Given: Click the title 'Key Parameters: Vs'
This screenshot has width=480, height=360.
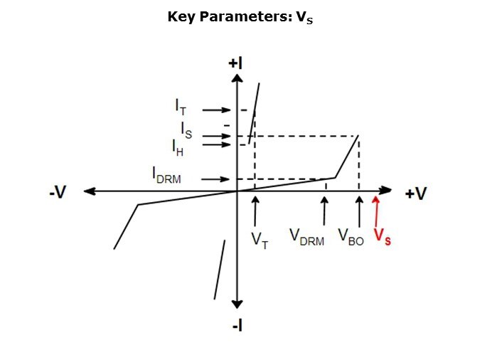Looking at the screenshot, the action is point(240,17).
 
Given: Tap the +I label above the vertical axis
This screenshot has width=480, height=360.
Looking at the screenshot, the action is point(235,63).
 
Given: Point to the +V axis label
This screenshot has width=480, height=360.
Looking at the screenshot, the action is point(416,194).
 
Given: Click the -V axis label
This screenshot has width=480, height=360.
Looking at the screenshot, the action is point(58,192).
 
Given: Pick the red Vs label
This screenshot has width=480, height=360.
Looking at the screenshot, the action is point(383,236).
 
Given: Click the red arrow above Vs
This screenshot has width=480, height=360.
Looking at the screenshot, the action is point(376,211).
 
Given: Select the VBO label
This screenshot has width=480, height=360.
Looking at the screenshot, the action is point(351,238).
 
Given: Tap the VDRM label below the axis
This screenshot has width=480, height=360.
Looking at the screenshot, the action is point(306,238).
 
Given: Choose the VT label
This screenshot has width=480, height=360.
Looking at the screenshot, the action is point(260,240).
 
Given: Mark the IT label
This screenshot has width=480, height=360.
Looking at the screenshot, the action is point(181,107).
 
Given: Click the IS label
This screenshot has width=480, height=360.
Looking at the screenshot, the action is point(186,130).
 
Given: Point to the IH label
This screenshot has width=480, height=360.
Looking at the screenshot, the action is point(178,148).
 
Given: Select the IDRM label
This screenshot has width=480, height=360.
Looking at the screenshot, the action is point(167,175).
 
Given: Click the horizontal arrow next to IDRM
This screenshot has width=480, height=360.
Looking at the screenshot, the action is point(215,179).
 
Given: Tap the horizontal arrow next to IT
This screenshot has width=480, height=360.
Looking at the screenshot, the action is point(216,110).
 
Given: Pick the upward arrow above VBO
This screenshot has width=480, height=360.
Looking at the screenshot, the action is point(359,212).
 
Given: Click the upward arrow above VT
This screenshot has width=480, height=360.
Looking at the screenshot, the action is point(255,211).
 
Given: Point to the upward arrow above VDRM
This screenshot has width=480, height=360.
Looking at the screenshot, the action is point(324,211).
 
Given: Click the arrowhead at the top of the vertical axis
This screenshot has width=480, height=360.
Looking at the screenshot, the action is point(237,78).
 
